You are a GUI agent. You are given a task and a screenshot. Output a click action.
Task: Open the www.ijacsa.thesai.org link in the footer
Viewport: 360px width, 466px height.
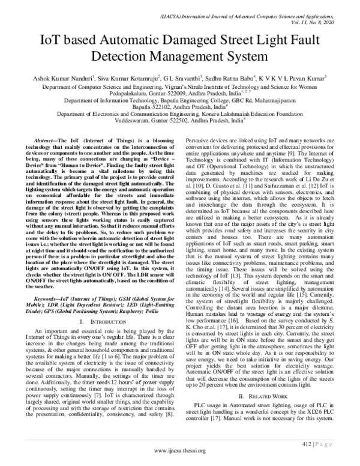click(180, 450)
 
